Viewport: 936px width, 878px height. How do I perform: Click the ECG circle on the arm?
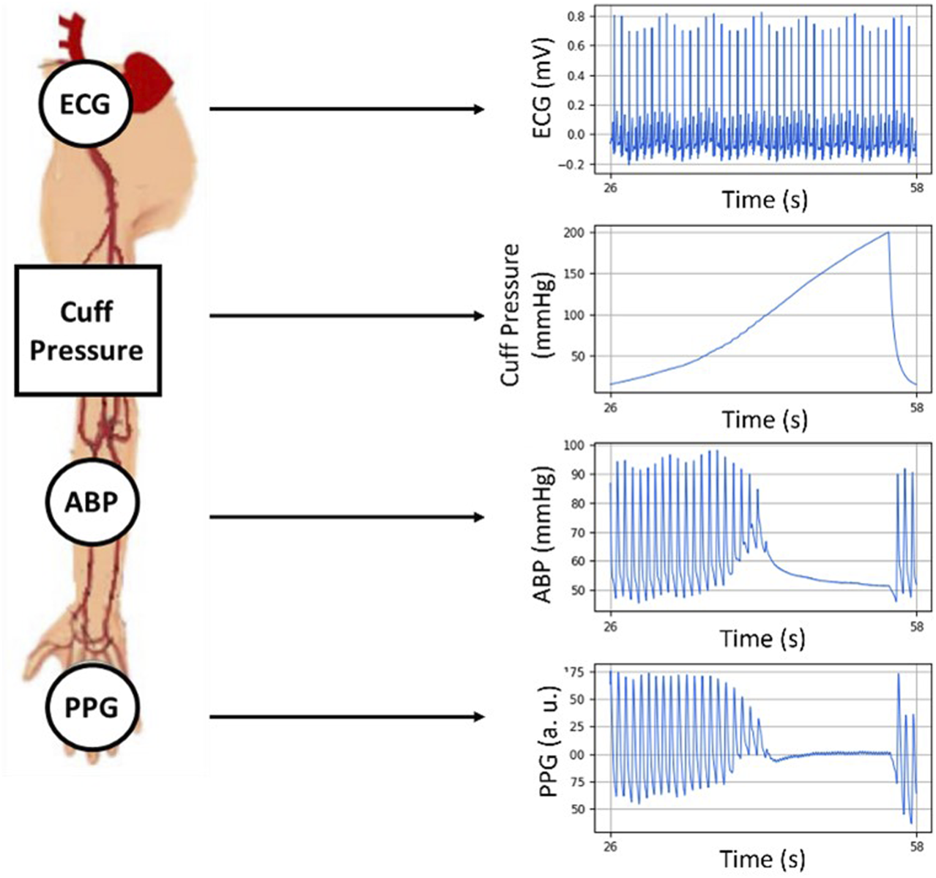pos(85,104)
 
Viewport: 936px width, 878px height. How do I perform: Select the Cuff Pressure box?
pos(87,331)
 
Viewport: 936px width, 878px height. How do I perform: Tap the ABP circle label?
pos(92,502)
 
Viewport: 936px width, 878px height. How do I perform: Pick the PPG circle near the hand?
pos(92,708)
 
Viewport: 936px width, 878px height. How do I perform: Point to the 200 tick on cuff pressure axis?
pos(574,233)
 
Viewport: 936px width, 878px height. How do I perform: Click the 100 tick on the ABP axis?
pos(575,445)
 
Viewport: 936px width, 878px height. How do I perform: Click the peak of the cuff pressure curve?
pos(888,233)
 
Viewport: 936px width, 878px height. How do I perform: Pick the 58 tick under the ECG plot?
pos(916,187)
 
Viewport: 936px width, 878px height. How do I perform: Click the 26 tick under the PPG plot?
pos(610,847)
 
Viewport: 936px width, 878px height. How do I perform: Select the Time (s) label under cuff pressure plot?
pos(765,420)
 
